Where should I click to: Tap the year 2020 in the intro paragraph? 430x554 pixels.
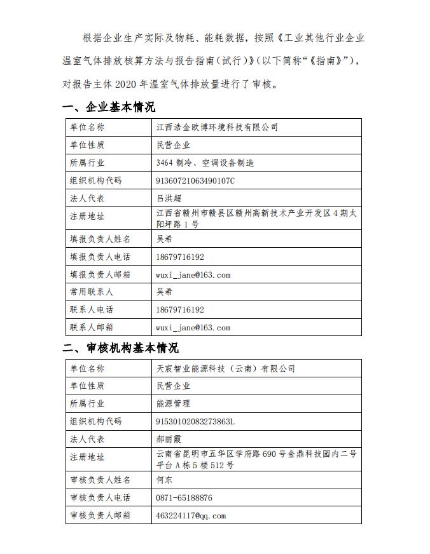click(137, 83)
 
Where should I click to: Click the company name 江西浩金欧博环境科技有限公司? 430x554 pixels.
click(217, 127)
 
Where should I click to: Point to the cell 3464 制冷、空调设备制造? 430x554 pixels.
click(205, 163)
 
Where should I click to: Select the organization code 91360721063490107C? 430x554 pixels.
click(195, 180)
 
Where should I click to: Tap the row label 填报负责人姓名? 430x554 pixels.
click(100, 239)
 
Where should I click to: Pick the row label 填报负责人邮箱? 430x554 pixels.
click(100, 274)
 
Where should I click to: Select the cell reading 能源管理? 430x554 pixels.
click(173, 403)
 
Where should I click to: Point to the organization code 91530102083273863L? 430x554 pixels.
click(195, 421)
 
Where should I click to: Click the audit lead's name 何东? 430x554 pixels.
click(164, 480)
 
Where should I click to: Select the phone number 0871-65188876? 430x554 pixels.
click(184, 498)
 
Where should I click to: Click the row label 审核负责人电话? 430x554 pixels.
click(100, 498)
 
